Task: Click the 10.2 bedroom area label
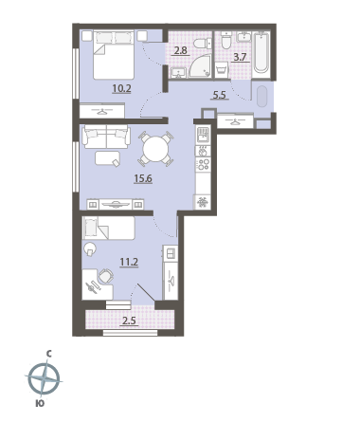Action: (121, 88)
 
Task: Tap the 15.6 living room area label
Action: (143, 178)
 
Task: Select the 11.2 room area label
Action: (129, 262)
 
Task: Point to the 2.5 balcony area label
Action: (129, 321)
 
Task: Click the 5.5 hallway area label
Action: (220, 95)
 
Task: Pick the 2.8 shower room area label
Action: (180, 50)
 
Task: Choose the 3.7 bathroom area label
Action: (240, 57)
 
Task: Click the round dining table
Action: (155, 149)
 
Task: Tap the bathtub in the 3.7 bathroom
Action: (261, 52)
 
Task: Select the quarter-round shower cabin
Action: (201, 67)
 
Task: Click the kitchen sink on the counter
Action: (203, 135)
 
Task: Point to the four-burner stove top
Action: (203, 165)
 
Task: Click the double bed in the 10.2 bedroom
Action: (114, 54)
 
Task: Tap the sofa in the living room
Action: (106, 137)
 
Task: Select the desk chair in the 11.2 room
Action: (106, 276)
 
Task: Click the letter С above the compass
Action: (49, 355)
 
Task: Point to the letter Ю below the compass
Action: (40, 404)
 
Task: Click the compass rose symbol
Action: (44, 378)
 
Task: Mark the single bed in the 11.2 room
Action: (108, 228)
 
